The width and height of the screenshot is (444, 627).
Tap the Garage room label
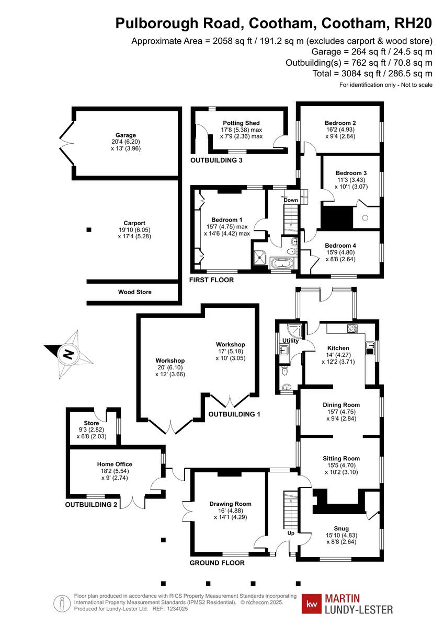tap(126, 135)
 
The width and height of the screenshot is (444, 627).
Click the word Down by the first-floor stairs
tap(291, 200)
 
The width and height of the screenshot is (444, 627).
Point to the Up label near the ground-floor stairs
tap(291, 533)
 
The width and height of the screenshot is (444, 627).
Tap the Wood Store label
tap(134, 292)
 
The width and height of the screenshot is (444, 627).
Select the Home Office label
tap(115, 464)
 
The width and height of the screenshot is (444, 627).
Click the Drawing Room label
tap(230, 504)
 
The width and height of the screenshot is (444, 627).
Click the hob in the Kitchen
tap(352, 329)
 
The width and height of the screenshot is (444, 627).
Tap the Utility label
tap(290, 341)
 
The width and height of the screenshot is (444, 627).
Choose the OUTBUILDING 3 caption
tap(216, 160)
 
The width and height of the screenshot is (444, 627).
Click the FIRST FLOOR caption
tap(211, 281)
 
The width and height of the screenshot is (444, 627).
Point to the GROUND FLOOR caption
tap(217, 563)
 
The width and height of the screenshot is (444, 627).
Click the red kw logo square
tap(312, 604)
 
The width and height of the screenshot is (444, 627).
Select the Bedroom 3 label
tap(351, 173)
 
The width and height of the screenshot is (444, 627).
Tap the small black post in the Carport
tap(89, 229)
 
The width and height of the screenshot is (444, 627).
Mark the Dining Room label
tap(340, 405)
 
